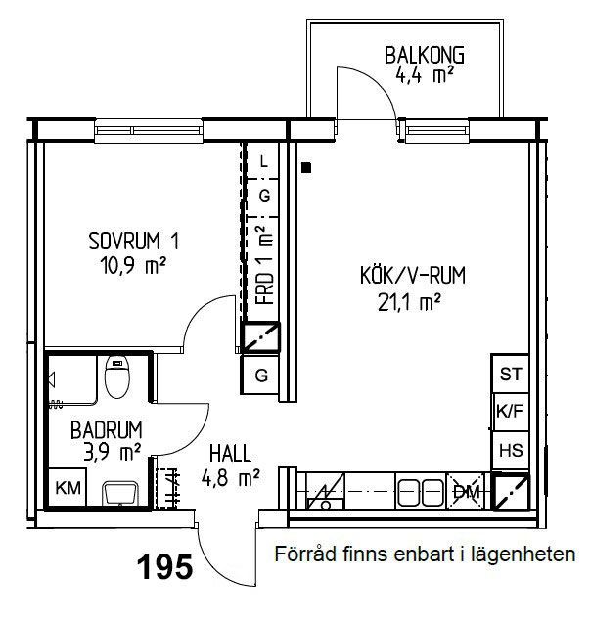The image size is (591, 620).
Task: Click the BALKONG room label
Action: click(425, 55)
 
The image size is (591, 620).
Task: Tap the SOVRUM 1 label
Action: click(134, 241)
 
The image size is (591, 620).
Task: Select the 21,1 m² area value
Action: click(409, 302)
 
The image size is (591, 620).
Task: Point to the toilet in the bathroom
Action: click(116, 376)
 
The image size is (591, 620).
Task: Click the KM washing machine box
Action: click(68, 488)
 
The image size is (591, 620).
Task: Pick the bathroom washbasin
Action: click(119, 493)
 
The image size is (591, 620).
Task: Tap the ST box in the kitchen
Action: click(511, 374)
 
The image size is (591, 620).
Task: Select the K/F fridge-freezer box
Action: click(511, 412)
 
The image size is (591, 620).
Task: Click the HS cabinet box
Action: click(511, 451)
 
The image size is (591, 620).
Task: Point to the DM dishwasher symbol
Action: click(466, 492)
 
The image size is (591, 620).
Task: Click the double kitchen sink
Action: click(421, 492)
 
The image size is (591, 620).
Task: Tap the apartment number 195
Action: click(165, 566)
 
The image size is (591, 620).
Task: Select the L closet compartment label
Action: click(264, 161)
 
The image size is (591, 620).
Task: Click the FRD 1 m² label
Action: click(264, 265)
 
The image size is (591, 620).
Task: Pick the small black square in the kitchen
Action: click(306, 167)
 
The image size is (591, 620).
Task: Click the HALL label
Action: click(230, 453)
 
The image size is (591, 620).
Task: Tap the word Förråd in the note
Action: click(306, 554)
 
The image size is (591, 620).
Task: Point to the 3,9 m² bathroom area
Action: click(112, 452)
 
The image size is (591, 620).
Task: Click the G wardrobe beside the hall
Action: click(261, 375)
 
